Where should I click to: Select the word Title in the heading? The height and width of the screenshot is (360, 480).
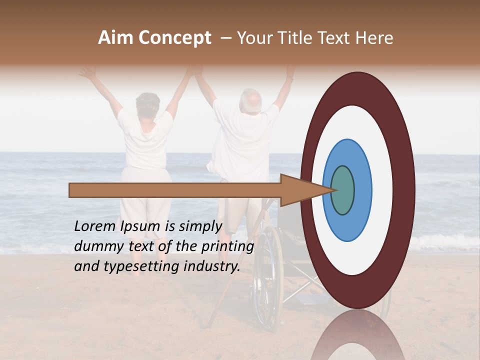[x=298, y=38]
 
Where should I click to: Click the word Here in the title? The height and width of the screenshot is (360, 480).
[x=374, y=38]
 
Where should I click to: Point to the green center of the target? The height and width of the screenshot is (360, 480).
[x=342, y=190]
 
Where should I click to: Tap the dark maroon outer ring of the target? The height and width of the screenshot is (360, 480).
[x=405, y=190]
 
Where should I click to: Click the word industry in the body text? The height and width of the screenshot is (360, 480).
[x=210, y=266]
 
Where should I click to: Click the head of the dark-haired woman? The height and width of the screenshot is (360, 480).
[x=147, y=104]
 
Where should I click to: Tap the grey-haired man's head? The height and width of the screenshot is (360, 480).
[x=250, y=101]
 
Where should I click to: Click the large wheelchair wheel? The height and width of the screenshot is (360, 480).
[x=268, y=275]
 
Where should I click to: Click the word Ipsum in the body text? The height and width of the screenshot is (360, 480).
[x=139, y=226]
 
